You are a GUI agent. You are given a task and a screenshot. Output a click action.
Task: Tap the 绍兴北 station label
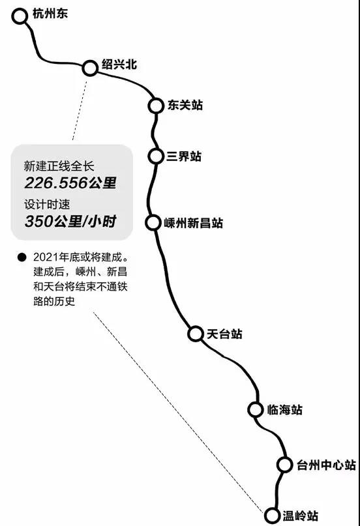[119, 64]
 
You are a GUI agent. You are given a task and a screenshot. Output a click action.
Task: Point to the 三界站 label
[184, 156]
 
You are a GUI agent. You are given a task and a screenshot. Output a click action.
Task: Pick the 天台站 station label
[224, 334]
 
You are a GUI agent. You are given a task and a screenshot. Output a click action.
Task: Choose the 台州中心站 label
[326, 465]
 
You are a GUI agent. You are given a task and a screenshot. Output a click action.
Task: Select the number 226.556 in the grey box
[55, 183]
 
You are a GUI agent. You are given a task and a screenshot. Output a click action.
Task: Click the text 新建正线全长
[59, 166]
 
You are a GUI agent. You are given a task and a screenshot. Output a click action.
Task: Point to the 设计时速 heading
[47, 204]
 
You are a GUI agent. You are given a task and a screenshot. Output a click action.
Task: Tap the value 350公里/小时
[70, 222]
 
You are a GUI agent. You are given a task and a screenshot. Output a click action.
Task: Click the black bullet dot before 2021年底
[22, 257]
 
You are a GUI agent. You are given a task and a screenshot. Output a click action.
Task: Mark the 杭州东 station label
[50, 13]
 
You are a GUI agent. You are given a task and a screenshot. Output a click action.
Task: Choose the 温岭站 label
[300, 516]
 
